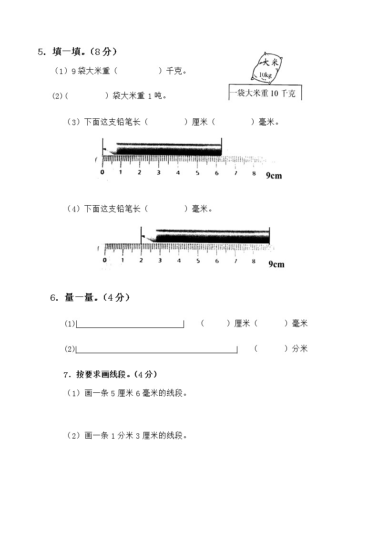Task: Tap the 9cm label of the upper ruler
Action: pos(274,176)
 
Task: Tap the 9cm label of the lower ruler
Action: pos(276,264)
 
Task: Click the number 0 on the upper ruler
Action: pos(102,172)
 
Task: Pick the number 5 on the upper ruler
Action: pos(197,172)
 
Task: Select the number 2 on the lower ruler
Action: pos(141,261)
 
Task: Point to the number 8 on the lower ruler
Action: pos(254,261)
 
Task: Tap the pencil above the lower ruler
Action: pos(207,236)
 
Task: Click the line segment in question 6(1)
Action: pos(130,327)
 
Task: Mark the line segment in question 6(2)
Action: pos(157,353)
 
